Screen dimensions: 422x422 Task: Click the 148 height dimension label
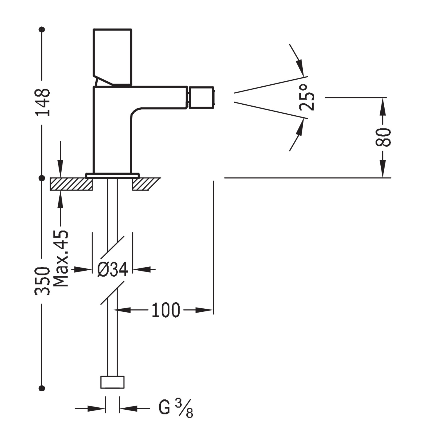(x=42, y=102)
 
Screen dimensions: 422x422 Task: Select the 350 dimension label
(x=42, y=281)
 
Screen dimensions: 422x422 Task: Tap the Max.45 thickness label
(x=61, y=258)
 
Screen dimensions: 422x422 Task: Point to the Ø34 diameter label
(x=113, y=269)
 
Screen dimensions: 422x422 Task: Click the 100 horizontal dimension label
(x=166, y=310)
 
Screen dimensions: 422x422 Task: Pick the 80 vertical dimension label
(x=383, y=137)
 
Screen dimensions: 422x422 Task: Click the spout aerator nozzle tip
(x=201, y=97)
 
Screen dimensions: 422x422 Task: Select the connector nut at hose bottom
(x=112, y=382)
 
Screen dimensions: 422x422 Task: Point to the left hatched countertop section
(x=71, y=184)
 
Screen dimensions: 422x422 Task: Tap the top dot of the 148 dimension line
(x=42, y=29)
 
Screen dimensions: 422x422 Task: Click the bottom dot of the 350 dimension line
(x=42, y=388)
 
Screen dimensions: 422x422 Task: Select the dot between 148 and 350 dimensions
(x=42, y=178)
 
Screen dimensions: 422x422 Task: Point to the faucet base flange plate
(x=113, y=176)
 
